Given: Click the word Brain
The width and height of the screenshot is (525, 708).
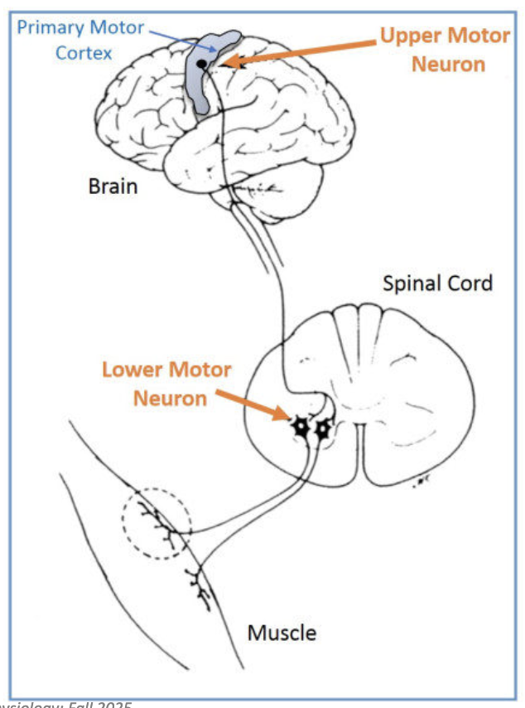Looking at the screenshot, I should click(x=113, y=186).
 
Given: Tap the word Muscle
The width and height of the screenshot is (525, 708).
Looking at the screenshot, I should click(x=282, y=633).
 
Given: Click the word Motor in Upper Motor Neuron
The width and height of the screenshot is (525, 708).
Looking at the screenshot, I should click(x=479, y=36).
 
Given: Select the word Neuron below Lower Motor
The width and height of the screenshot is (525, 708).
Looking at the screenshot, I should click(x=171, y=397).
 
